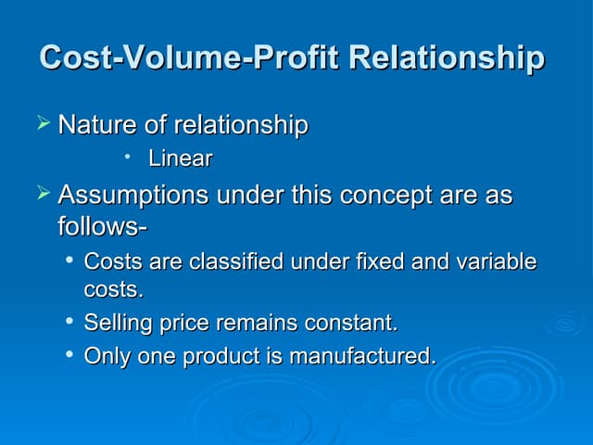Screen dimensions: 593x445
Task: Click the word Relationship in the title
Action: (x=447, y=57)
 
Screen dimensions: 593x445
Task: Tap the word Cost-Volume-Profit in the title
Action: (x=189, y=57)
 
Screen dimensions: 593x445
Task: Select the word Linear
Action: (x=181, y=159)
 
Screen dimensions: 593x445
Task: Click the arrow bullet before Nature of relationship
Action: (x=44, y=122)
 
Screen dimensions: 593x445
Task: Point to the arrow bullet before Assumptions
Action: (x=44, y=192)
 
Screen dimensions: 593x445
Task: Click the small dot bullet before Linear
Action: (x=127, y=156)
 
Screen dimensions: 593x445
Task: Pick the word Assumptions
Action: (x=133, y=196)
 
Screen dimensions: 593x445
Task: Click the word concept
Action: (x=385, y=196)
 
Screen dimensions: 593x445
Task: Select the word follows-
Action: (x=102, y=225)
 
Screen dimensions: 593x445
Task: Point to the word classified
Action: (x=236, y=261)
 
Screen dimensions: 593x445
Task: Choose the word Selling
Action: (x=118, y=324)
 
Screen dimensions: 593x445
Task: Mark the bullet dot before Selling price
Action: (x=69, y=321)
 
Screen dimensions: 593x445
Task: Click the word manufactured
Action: (x=363, y=356)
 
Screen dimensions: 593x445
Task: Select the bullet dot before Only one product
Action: (x=69, y=354)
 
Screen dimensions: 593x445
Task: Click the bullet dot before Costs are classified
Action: (x=69, y=260)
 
